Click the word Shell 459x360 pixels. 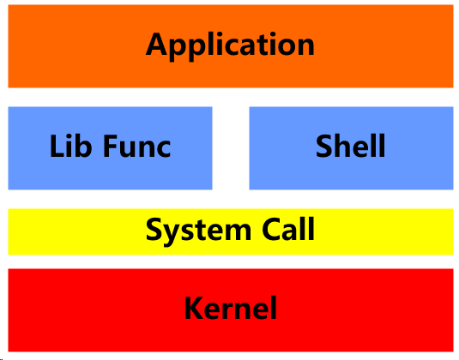tap(351, 146)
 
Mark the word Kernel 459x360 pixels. tap(230, 307)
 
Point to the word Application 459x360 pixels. tap(230, 45)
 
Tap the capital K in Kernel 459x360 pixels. tap(193, 307)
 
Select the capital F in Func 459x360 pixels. tap(111, 146)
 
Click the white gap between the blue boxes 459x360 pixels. tap(230, 147)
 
